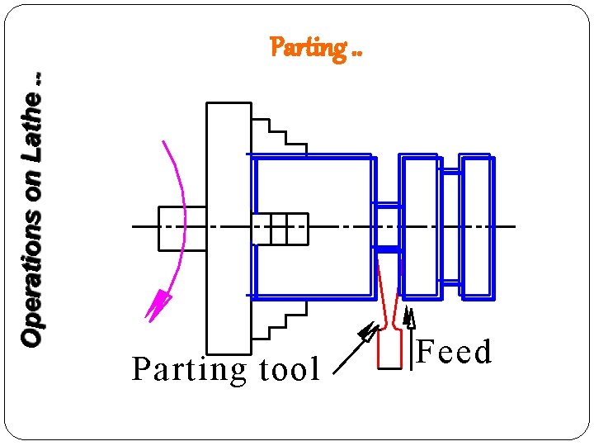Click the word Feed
[454, 352]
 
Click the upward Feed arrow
[410, 339]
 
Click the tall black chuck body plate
[229, 228]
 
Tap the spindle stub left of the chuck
[181, 228]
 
